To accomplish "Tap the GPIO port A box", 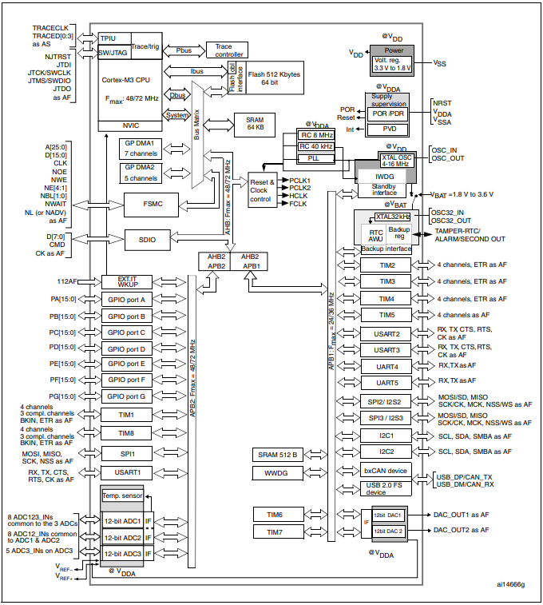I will tap(126, 299).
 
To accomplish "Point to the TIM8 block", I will tap(126, 432).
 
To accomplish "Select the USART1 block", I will tap(126, 472).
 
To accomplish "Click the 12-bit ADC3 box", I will tap(121, 553).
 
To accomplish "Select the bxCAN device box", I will tap(386, 471).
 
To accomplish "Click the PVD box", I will tap(390, 129).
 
